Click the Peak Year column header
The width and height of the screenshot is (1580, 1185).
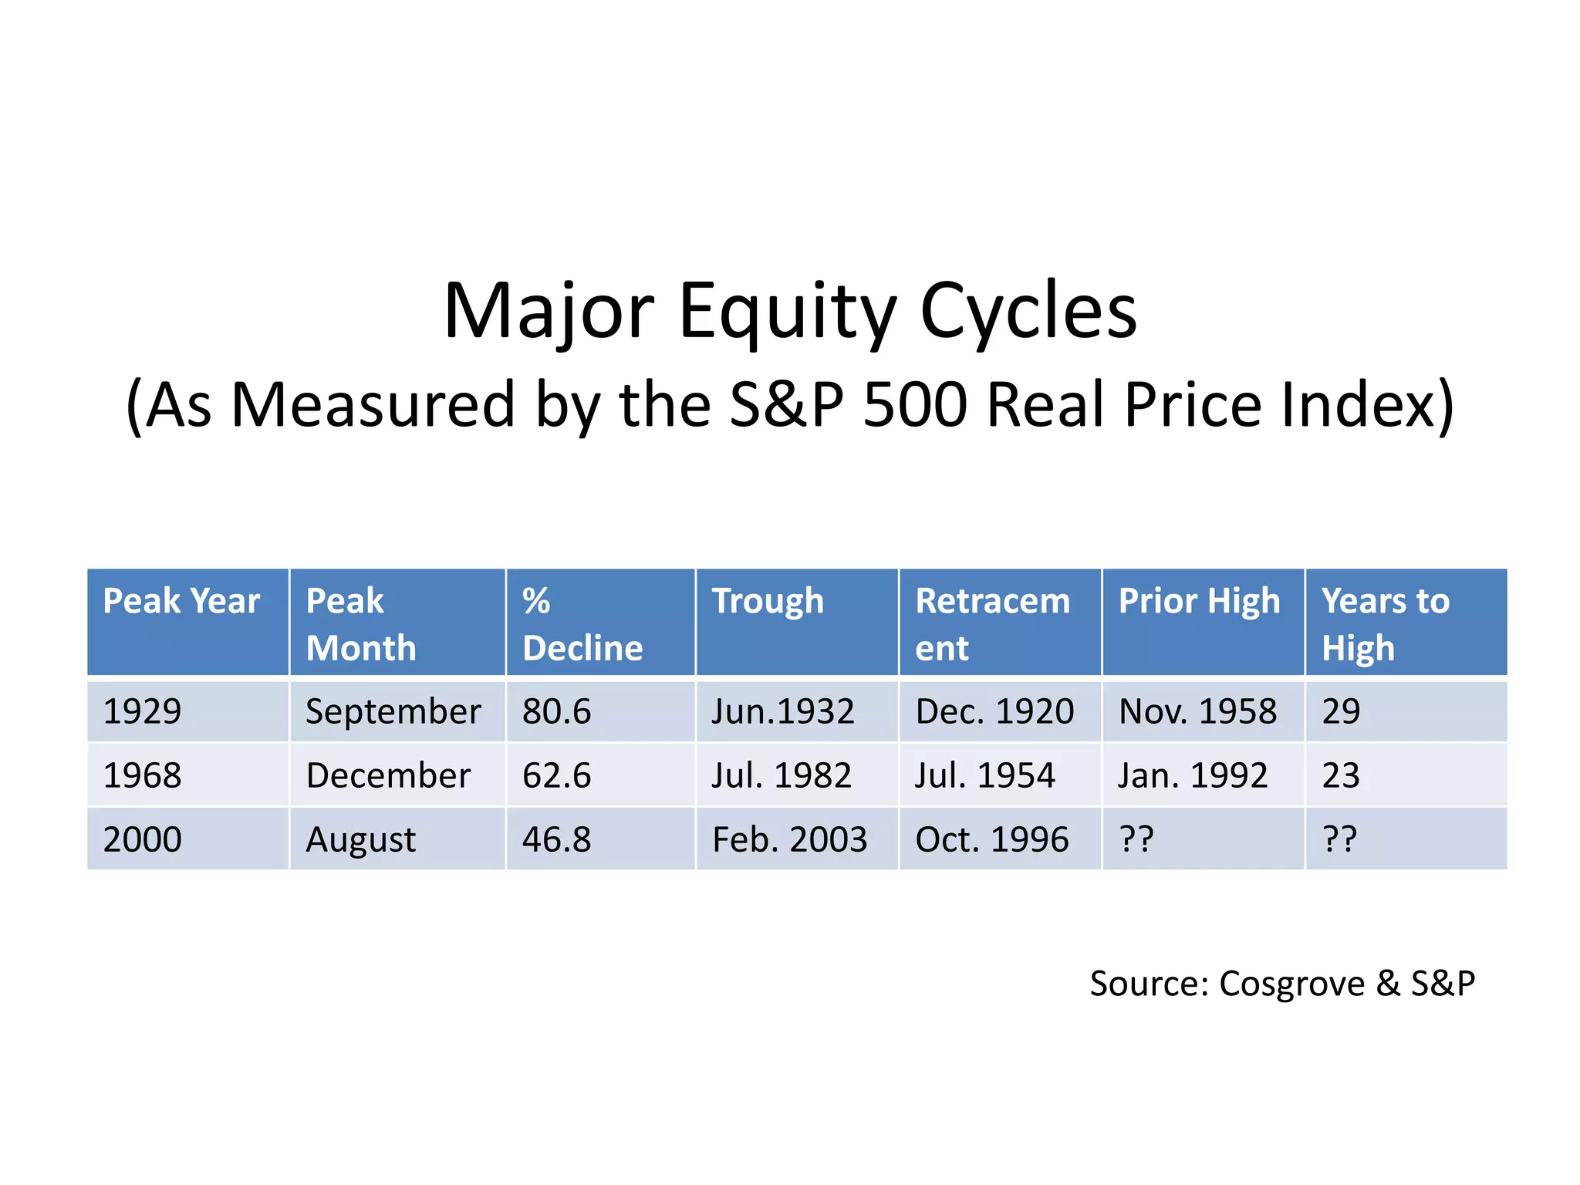click(x=181, y=601)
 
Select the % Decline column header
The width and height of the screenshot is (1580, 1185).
click(x=582, y=624)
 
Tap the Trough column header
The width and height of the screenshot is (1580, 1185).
click(x=768, y=601)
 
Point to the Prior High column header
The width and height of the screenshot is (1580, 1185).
click(x=1199, y=601)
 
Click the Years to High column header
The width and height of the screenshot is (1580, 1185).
click(x=1386, y=624)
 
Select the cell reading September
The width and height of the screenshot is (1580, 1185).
click(x=393, y=711)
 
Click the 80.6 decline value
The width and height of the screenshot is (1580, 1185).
click(x=556, y=711)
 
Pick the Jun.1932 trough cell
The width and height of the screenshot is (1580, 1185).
click(x=782, y=711)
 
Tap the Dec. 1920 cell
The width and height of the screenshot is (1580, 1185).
click(x=994, y=711)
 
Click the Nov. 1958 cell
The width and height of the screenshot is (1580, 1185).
click(x=1197, y=711)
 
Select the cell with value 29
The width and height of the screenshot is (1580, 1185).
click(x=1341, y=711)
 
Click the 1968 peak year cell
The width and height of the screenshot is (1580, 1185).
click(x=142, y=775)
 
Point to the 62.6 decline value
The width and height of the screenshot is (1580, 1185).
click(x=556, y=775)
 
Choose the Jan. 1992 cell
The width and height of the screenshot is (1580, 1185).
click(x=1193, y=775)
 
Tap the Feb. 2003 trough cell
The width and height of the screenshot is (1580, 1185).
click(x=789, y=839)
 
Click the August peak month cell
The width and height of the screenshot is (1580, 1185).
click(x=360, y=839)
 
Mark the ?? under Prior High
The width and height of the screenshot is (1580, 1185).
click(x=1136, y=839)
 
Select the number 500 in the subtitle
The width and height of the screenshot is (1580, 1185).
click(x=914, y=405)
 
